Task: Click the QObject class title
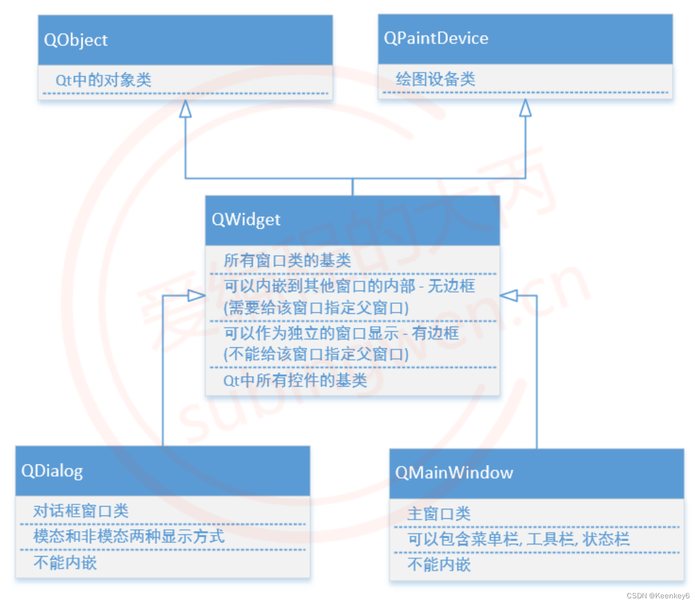pos(76,40)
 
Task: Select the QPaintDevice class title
pos(436,38)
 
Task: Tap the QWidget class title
pos(246,219)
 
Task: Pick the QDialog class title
pos(52,471)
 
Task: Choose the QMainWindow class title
pos(454,473)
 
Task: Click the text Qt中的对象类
pos(103,80)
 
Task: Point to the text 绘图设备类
pos(435,79)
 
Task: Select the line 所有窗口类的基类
pos(287,260)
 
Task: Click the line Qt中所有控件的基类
pos(295,381)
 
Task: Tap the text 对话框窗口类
pos(81,511)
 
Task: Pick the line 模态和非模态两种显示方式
pos(128,536)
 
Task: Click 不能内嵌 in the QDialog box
pos(65,563)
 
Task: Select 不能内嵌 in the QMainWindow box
pos(439,565)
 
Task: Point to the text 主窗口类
pos(439,513)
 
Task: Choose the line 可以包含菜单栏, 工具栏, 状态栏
pos(518,539)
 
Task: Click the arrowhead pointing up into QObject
pos(185,108)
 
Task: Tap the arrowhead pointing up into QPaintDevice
pos(525,108)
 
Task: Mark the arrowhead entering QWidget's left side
pos(197,296)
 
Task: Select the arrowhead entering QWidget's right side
pos(509,296)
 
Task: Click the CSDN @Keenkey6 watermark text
pos(658,596)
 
